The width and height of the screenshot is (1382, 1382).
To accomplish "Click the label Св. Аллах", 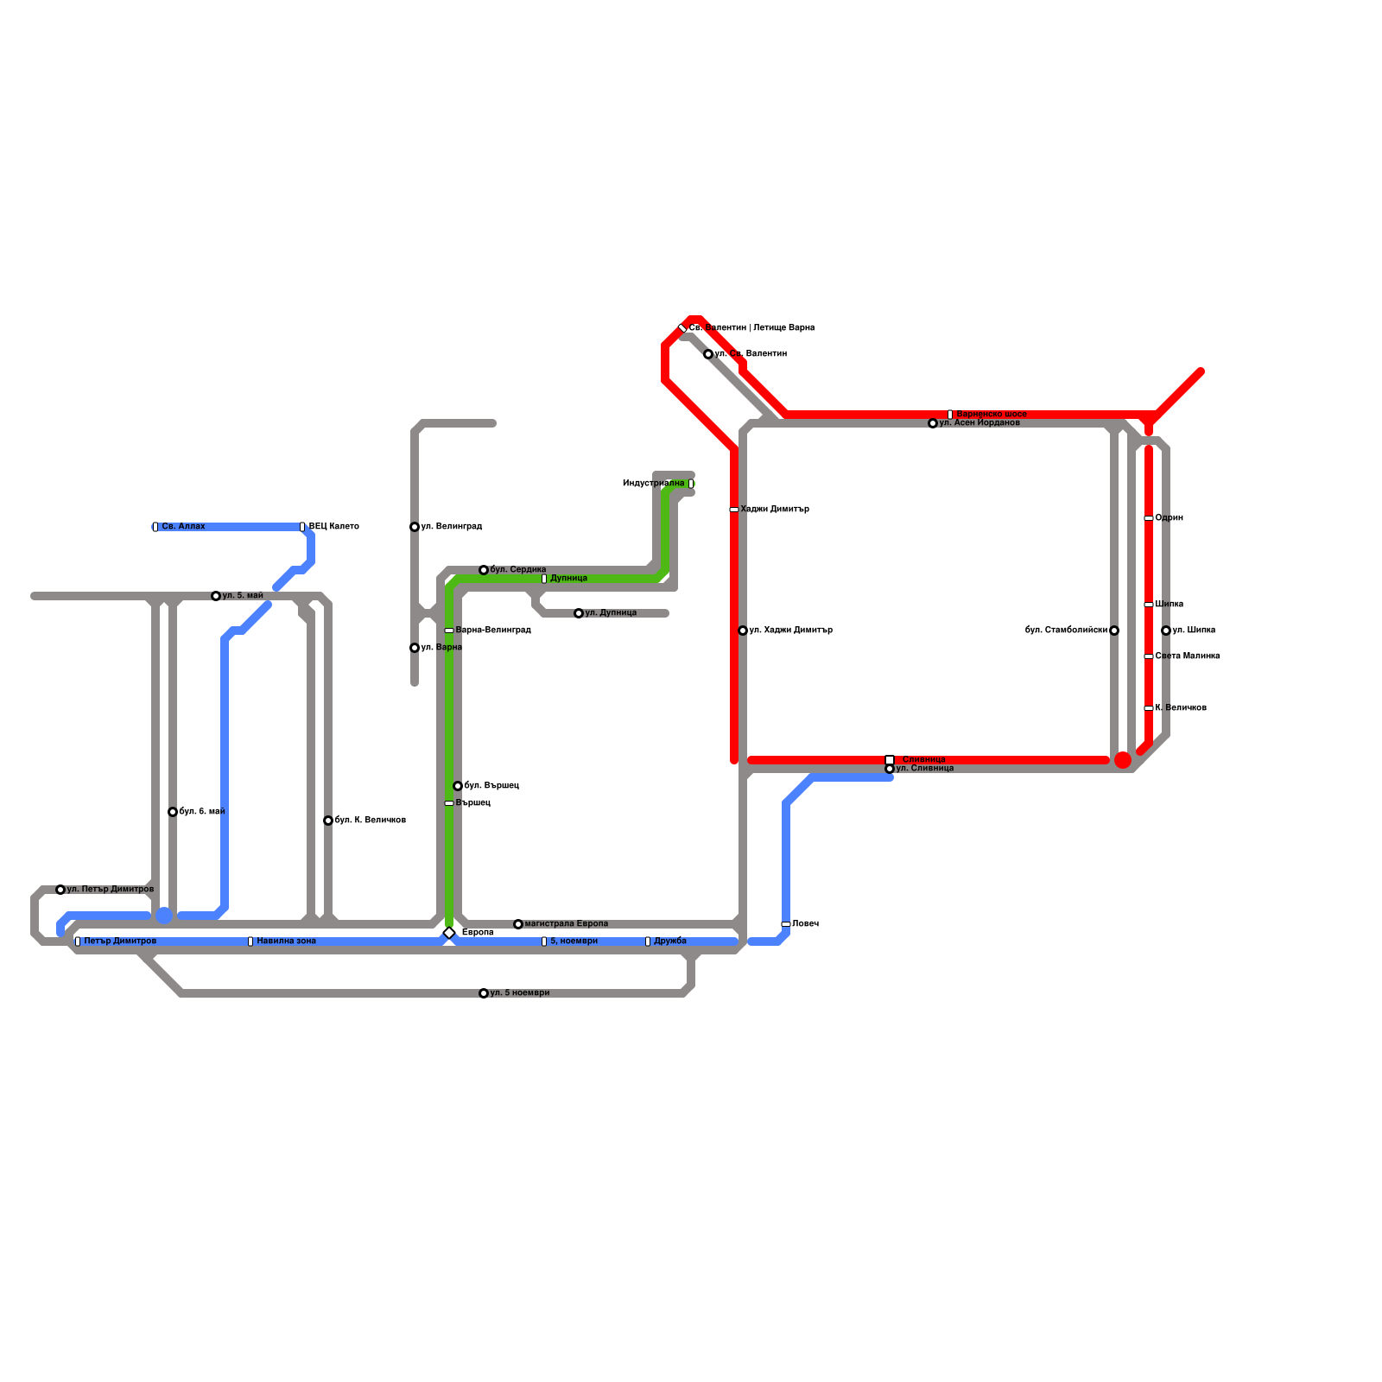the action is coord(183,526).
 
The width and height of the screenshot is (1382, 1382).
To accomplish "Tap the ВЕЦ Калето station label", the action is coord(333,526).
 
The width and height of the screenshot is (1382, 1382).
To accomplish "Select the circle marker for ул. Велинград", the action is coord(415,527).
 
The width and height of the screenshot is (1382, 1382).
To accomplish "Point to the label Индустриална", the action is coord(653,484).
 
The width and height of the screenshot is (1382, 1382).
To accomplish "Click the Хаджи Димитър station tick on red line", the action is coord(734,510).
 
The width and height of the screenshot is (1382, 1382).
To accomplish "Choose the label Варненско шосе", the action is coord(992,415).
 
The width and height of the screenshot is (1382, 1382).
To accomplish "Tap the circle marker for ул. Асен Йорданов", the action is coord(933,423).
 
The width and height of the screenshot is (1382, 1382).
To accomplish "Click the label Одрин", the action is coord(1169,518).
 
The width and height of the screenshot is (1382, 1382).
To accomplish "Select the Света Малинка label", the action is coord(1187,656).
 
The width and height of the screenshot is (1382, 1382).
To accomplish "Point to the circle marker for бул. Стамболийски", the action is coord(1114,631).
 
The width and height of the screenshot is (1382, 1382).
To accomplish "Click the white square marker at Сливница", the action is coord(890,760).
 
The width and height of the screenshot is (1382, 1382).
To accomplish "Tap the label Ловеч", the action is coord(805,924).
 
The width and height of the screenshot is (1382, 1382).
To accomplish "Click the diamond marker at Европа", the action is coord(449,933).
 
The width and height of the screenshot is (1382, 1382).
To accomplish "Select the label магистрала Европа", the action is coord(566,924).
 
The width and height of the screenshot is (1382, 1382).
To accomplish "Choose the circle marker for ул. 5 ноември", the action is coord(484,993).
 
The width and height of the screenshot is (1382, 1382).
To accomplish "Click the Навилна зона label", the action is coord(286,941).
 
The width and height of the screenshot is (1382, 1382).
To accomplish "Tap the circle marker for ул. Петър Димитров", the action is coord(60,890).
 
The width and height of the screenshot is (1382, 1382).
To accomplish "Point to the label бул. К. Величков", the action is coord(370,821).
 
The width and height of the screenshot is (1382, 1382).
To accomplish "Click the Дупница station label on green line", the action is coord(568,579).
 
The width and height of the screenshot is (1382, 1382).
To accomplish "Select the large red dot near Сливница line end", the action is coord(1123,760).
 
